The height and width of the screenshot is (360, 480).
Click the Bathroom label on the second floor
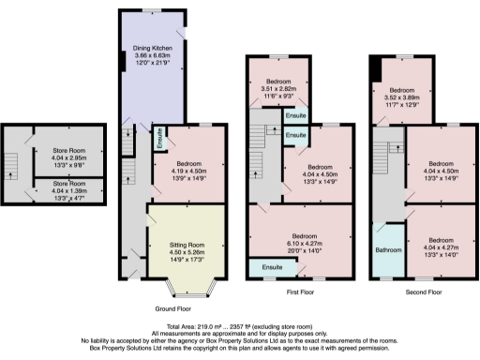click(388, 250)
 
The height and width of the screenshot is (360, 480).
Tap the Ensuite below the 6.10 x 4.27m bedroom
click(274, 268)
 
